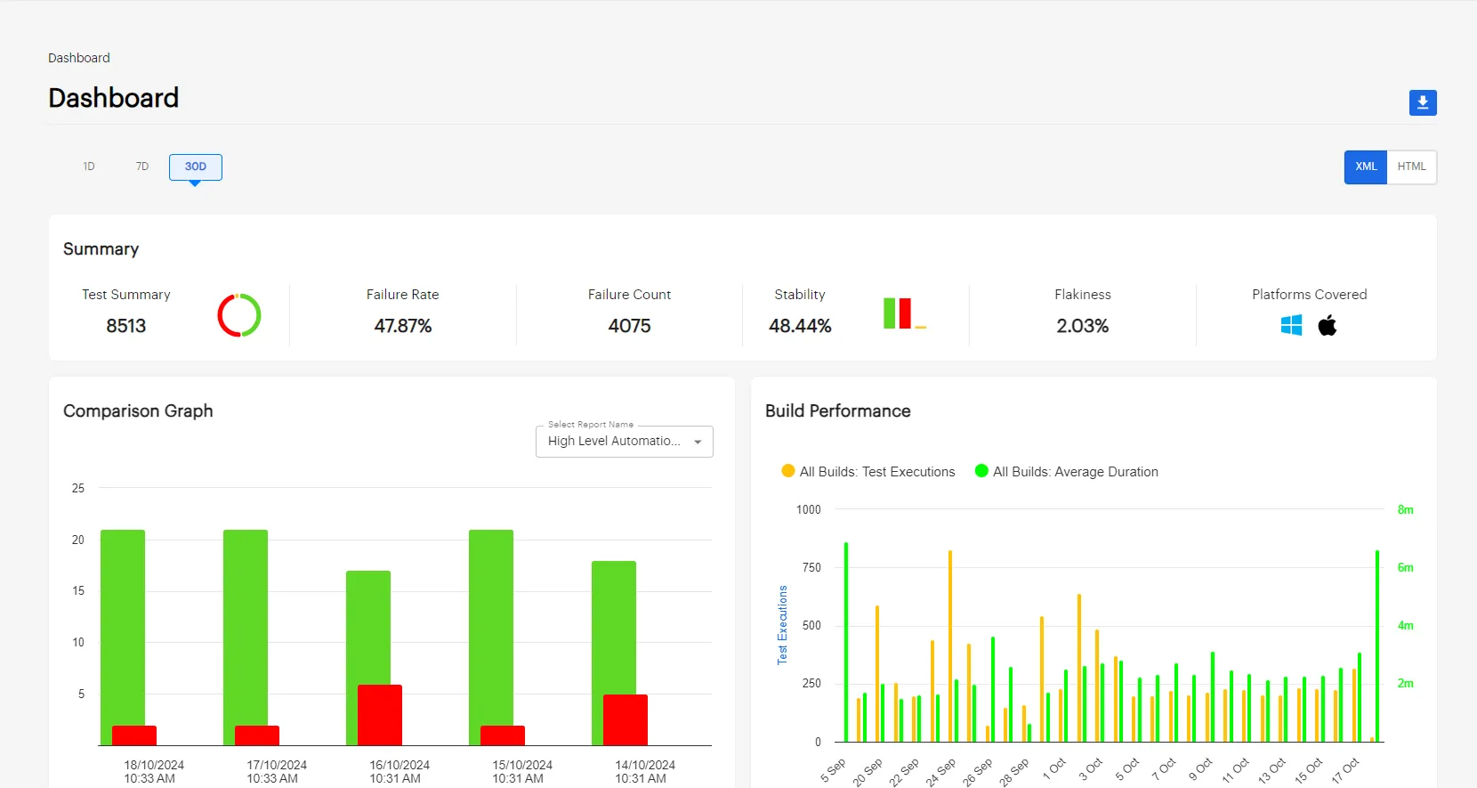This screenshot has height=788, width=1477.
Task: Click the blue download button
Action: [x=1422, y=102]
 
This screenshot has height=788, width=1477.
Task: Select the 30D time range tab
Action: [x=196, y=167]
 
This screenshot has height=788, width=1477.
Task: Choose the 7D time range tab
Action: [x=142, y=167]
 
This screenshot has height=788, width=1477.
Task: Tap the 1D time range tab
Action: [x=89, y=167]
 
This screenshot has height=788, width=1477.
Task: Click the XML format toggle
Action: [x=1365, y=167]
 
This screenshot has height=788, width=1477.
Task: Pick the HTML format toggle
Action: [x=1411, y=167]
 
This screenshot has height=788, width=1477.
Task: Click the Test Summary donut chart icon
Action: [x=239, y=315]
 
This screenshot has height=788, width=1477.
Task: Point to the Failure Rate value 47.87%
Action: [x=402, y=326]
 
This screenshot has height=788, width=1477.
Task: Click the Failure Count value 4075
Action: [x=629, y=326]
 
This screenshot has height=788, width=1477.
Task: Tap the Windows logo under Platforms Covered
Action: [x=1291, y=326]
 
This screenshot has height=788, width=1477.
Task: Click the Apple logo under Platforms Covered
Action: [x=1328, y=326]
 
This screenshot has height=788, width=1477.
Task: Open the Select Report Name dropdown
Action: [x=624, y=442]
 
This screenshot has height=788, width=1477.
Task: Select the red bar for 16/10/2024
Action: [x=380, y=714]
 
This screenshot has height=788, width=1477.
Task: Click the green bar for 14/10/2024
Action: [x=614, y=623]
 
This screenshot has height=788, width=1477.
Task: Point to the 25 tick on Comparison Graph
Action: [x=78, y=488]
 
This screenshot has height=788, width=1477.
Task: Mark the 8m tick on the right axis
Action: [x=1405, y=510]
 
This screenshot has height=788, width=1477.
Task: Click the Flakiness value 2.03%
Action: [x=1082, y=326]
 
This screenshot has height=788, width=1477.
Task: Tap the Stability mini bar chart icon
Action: [x=904, y=313]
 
